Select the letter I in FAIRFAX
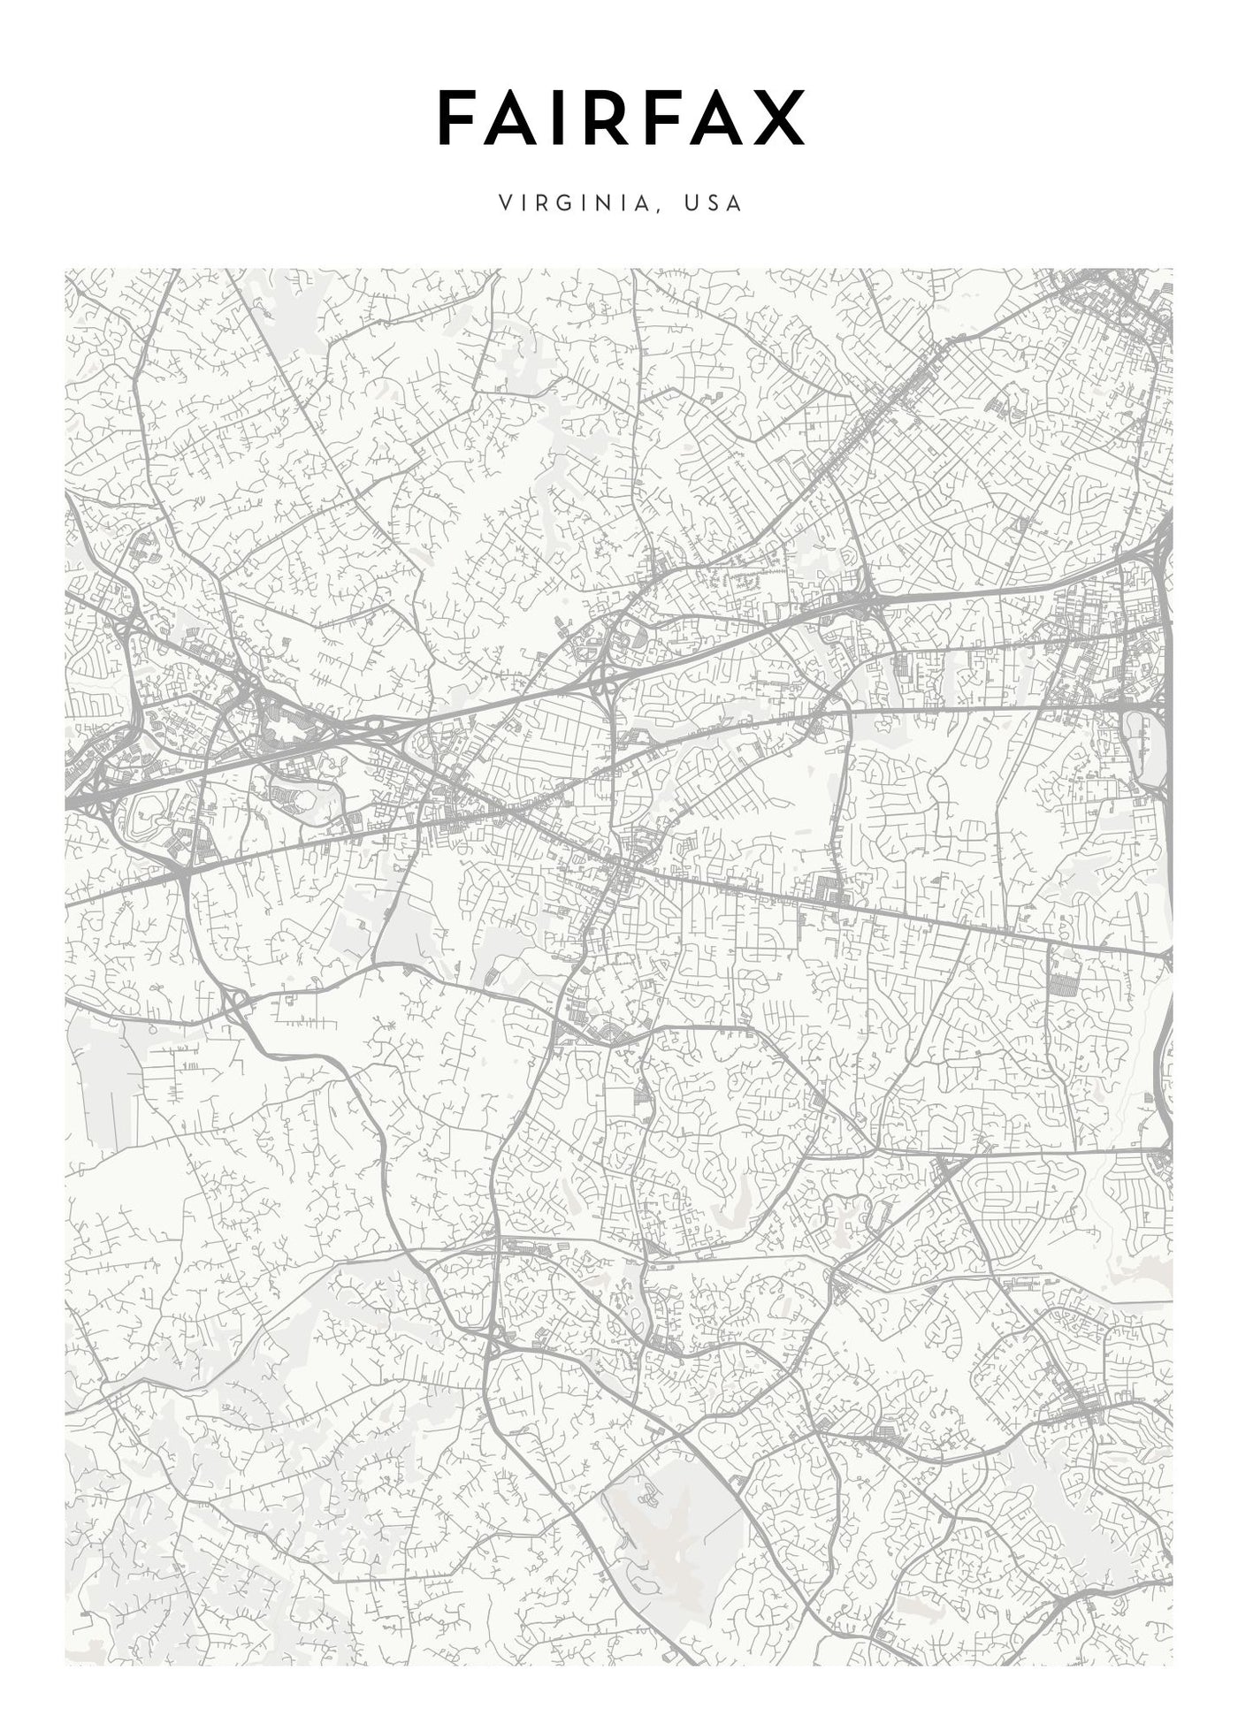pyautogui.click(x=563, y=118)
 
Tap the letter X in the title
pyautogui.click(x=780, y=118)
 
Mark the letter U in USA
pyautogui.click(x=690, y=202)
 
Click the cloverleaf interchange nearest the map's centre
pyautogui.click(x=609, y=681)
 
